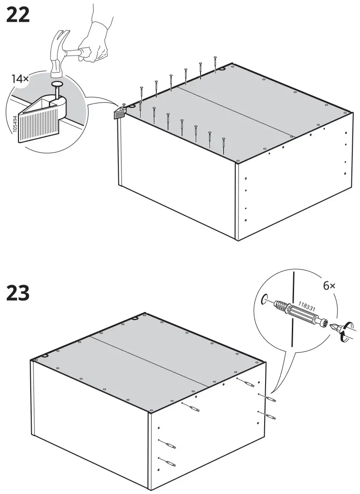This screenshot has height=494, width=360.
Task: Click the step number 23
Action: [x=18, y=293]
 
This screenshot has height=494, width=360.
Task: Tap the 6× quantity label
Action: [x=330, y=286]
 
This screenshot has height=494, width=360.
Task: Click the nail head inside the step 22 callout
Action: [x=58, y=84]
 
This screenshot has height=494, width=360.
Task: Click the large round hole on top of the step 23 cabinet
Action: [x=135, y=319]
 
